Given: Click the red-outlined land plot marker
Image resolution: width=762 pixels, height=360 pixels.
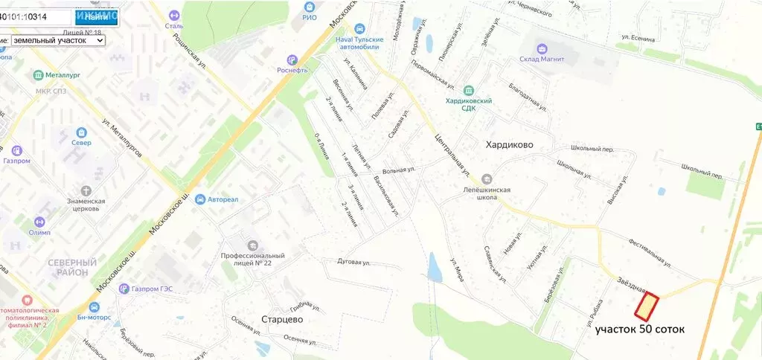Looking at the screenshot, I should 647,305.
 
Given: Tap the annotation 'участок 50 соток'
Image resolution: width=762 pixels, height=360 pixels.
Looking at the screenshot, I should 640,329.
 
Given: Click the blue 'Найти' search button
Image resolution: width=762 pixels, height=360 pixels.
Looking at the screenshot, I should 96,16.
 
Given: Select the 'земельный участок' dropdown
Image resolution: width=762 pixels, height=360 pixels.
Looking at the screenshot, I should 58,40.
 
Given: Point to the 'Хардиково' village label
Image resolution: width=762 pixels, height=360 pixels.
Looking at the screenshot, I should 510,144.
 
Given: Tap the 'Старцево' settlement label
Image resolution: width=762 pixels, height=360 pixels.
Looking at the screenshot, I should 282,319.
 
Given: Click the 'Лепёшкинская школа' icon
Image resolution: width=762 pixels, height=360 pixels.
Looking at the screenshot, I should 487,179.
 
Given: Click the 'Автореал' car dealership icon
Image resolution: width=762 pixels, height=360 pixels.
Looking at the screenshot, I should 199,199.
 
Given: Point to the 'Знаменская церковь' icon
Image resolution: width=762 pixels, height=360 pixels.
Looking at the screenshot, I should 83,190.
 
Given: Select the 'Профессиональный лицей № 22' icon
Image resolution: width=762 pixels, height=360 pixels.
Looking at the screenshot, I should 252,245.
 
